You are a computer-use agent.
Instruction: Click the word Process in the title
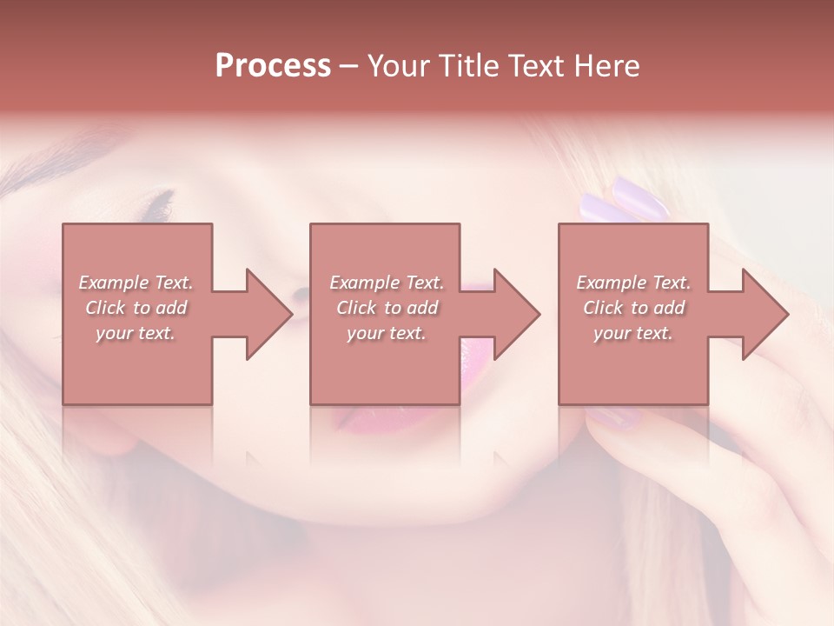click(273, 66)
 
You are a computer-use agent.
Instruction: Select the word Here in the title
click(606, 66)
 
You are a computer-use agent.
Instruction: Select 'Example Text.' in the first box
click(136, 283)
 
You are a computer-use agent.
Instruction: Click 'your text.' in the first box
click(136, 333)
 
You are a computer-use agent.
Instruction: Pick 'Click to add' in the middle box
click(387, 308)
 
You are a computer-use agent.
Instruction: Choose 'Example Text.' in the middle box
click(387, 283)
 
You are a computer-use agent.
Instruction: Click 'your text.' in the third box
click(633, 333)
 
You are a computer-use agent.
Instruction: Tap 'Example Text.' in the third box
click(633, 283)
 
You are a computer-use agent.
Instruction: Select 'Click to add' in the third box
click(633, 308)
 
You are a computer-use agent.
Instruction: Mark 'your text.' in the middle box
click(387, 333)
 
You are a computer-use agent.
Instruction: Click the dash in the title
click(348, 66)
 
